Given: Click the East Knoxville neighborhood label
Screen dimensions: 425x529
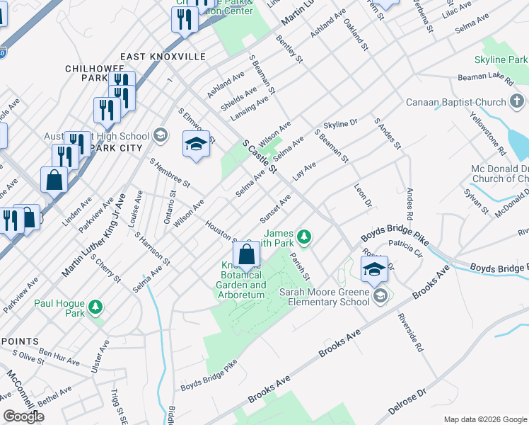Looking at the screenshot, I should click(x=163, y=57).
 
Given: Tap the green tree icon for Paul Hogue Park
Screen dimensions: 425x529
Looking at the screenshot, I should click(x=95, y=307).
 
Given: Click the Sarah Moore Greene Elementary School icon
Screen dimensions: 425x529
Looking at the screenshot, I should click(x=380, y=295).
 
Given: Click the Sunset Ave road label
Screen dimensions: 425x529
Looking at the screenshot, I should click(x=275, y=208).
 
